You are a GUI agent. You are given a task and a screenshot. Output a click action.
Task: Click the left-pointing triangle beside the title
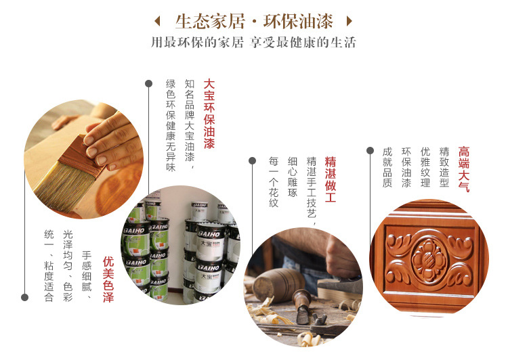click(x=157, y=22)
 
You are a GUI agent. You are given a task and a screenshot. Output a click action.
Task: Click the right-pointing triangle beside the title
click(x=350, y=22)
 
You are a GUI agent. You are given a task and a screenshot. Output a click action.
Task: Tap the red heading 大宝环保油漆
click(x=209, y=114)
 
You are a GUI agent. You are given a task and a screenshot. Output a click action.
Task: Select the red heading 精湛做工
click(x=331, y=179)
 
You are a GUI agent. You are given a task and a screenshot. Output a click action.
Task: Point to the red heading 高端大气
click(x=464, y=169)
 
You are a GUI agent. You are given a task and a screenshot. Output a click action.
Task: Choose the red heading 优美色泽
click(x=108, y=279)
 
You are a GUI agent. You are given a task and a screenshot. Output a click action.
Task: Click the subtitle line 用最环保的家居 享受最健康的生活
click(x=254, y=43)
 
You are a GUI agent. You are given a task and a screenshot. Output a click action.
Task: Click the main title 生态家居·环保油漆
click(x=254, y=22)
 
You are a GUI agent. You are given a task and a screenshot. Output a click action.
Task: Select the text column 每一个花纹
click(x=274, y=181)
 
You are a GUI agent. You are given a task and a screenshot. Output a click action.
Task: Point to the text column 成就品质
click(x=387, y=167)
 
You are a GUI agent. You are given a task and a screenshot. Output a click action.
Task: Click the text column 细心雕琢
click(x=293, y=177)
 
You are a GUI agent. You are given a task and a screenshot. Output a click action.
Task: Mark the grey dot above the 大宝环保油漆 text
click(x=149, y=83)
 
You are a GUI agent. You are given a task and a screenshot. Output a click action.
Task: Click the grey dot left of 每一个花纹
click(x=253, y=160)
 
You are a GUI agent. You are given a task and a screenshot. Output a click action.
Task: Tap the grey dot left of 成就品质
click(x=370, y=150)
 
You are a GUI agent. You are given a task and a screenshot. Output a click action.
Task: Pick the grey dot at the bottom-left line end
click(x=24, y=297)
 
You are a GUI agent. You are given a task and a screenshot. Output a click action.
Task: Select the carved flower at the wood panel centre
click(x=429, y=258)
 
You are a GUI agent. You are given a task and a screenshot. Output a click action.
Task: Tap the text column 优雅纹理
click(x=425, y=167)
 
